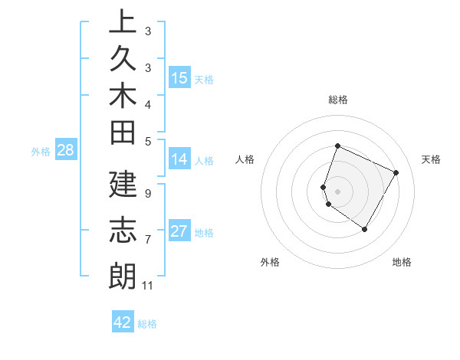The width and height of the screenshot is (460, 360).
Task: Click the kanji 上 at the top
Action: pyautogui.click(x=123, y=21)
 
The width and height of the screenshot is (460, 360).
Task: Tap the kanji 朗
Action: pyautogui.click(x=123, y=276)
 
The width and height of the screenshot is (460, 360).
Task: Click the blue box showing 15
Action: pyautogui.click(x=179, y=77)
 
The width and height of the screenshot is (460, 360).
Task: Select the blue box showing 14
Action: pyautogui.click(x=179, y=159)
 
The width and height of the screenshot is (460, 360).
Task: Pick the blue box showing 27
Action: pyautogui.click(x=179, y=231)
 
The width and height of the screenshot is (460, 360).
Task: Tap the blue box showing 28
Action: pyautogui.click(x=65, y=150)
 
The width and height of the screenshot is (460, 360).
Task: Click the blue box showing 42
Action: pyautogui.click(x=123, y=322)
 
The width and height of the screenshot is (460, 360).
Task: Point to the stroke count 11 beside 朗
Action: pyautogui.click(x=148, y=286)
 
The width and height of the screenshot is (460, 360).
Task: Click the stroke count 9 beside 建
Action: pyautogui.click(x=148, y=193)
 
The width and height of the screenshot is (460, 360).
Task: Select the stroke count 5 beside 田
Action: pyautogui.click(x=148, y=141)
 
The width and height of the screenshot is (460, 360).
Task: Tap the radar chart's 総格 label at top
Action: pyautogui.click(x=337, y=100)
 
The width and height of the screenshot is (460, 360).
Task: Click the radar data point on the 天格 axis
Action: pyautogui.click(x=396, y=172)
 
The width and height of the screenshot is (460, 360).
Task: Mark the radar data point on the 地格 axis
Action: pyautogui.click(x=365, y=229)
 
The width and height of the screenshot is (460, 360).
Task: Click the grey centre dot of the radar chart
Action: pyautogui.click(x=337, y=191)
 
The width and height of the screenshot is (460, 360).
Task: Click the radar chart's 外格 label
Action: pyautogui.click(x=270, y=262)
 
